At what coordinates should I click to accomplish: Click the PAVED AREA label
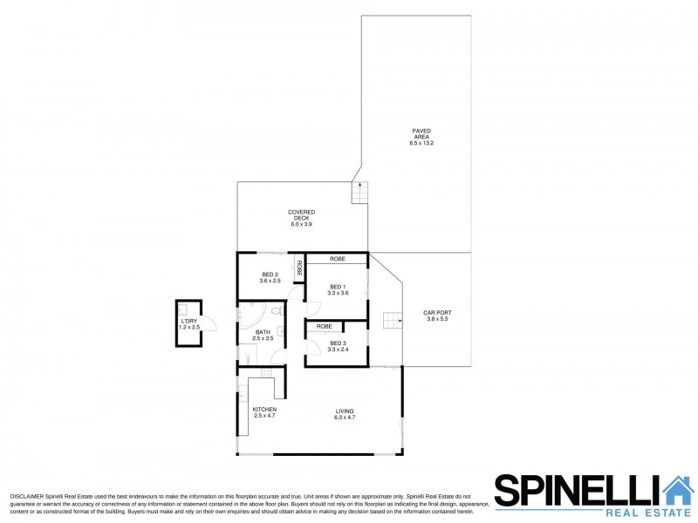coord(421,137)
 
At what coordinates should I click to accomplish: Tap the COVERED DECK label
coord(301,218)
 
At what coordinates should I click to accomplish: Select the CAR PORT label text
coord(436,316)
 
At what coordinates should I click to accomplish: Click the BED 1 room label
coord(338,289)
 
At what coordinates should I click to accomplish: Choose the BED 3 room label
coord(338,346)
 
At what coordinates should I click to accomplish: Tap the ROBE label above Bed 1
coord(337,259)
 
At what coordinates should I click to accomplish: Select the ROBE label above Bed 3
coord(324,326)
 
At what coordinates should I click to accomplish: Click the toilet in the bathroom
coord(276,310)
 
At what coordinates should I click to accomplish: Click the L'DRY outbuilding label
coord(189,324)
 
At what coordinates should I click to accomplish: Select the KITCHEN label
coord(264,413)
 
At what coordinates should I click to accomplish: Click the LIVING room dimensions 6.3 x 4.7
coord(345,418)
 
